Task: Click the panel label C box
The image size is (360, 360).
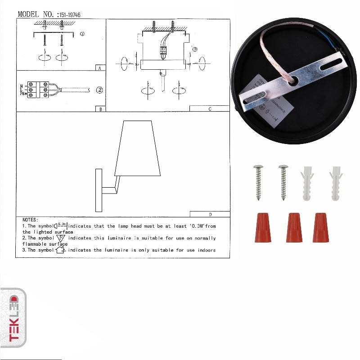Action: (x=209, y=108)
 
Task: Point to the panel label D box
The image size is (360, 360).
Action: (x=210, y=214)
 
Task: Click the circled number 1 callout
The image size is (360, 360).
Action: (x=81, y=33)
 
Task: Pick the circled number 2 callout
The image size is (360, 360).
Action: (x=99, y=90)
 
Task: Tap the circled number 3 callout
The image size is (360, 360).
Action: (x=194, y=49)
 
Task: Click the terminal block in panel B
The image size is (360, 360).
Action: (x=39, y=89)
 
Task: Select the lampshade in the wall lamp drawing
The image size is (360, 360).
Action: (x=138, y=148)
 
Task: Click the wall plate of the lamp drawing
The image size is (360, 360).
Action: (x=99, y=190)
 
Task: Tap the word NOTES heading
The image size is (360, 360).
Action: (x=30, y=220)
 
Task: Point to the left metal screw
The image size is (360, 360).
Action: (x=259, y=182)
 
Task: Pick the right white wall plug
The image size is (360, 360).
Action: (x=336, y=183)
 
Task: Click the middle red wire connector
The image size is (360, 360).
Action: (x=294, y=228)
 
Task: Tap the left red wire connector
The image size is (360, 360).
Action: (x=263, y=228)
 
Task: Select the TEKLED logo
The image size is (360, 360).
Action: (x=13, y=318)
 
